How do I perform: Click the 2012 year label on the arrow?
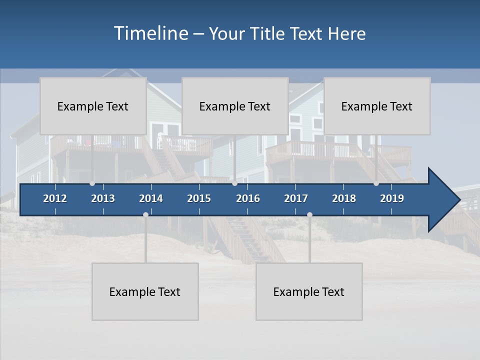click(55, 198)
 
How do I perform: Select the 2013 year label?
click(103, 198)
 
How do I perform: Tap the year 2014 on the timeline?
click(151, 198)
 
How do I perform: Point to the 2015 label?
click(199, 198)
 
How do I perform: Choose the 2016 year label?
click(248, 198)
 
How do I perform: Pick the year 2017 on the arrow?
click(296, 198)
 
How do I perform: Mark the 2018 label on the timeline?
click(344, 198)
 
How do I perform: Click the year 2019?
click(392, 198)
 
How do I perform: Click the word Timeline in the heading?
click(150, 33)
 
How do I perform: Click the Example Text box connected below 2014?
click(145, 291)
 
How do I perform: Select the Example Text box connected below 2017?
click(309, 291)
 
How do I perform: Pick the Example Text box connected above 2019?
click(377, 106)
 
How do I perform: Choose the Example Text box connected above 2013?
click(93, 106)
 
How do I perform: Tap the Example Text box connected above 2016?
click(235, 106)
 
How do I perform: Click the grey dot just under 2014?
click(145, 215)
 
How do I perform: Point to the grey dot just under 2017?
click(309, 215)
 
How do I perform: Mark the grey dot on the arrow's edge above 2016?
click(234, 183)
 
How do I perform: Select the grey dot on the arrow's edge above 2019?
click(376, 183)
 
